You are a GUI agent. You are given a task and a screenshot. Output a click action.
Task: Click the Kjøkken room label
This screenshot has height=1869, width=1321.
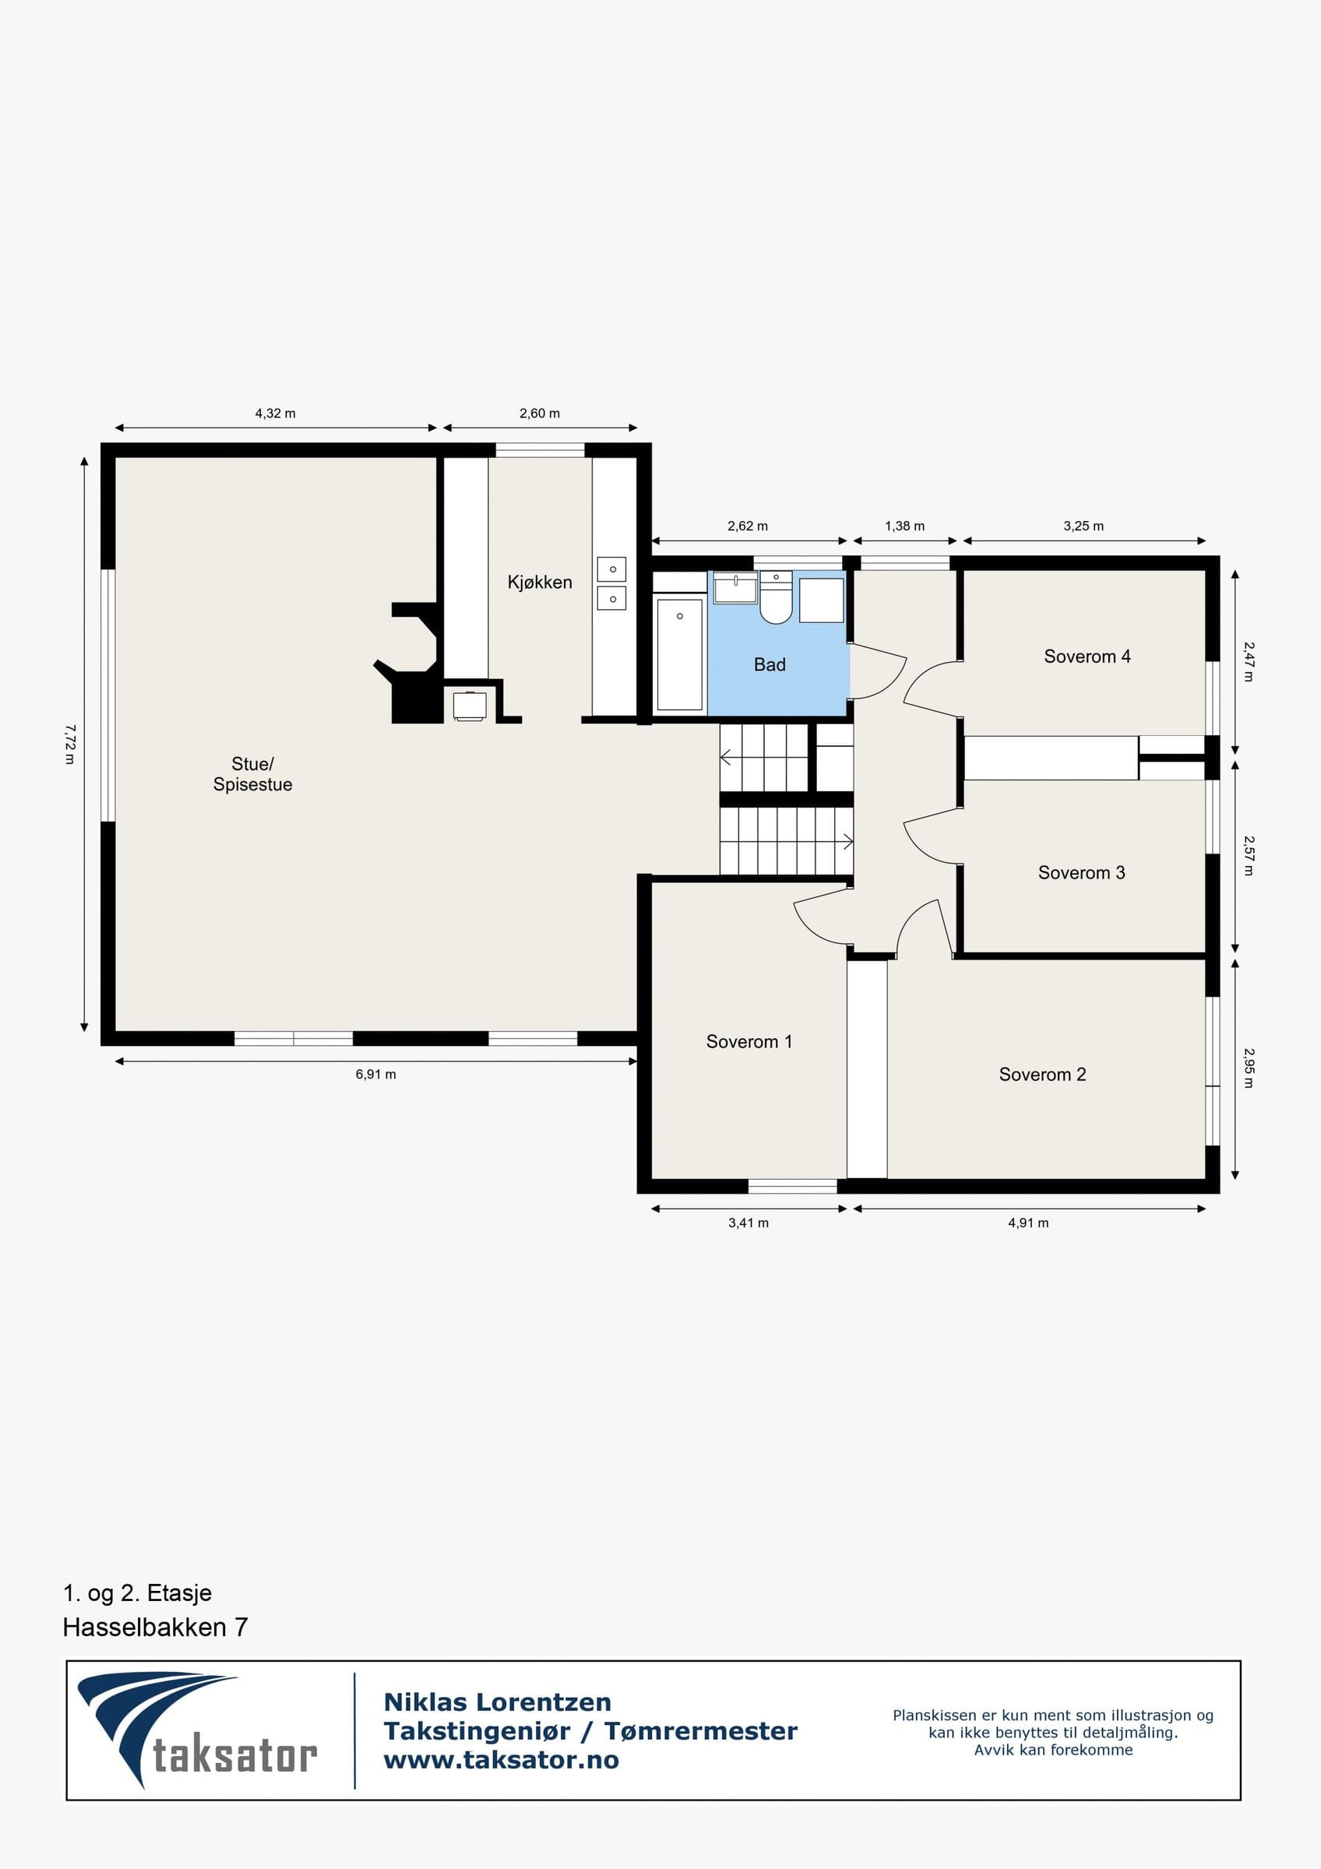[x=540, y=582]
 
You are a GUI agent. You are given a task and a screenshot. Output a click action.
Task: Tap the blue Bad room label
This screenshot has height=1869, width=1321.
[x=770, y=664]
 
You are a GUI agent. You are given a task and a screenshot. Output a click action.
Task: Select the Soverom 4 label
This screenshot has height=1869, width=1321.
[x=1087, y=656]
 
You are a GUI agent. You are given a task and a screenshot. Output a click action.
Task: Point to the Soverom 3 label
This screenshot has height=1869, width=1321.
[x=1082, y=873]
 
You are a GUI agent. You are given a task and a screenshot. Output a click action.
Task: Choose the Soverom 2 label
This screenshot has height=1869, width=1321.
[x=1043, y=1075]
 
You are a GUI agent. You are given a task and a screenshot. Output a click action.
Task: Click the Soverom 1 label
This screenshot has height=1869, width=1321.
[x=749, y=1042]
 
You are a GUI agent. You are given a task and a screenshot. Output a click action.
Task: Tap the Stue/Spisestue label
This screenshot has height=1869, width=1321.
[x=252, y=774]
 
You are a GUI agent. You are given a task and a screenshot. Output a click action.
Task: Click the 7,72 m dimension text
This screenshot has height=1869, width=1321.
[x=70, y=744]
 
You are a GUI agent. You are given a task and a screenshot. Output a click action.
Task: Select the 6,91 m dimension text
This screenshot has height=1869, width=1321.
[x=376, y=1075]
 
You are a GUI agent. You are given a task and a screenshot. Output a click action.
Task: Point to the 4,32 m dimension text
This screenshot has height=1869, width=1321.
[x=275, y=414]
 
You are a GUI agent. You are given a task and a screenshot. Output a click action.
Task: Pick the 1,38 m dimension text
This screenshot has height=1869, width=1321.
[x=905, y=526]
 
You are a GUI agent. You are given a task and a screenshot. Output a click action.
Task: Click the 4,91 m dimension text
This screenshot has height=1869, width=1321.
[x=1028, y=1223]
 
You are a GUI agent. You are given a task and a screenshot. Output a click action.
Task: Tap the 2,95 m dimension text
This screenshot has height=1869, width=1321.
[x=1249, y=1068]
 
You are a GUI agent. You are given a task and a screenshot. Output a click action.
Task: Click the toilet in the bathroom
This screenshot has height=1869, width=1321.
[x=776, y=597]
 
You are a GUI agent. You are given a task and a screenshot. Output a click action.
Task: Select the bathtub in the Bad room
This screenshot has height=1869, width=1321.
[x=680, y=654]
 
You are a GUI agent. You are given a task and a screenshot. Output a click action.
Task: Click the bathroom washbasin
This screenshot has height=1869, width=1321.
[x=736, y=588]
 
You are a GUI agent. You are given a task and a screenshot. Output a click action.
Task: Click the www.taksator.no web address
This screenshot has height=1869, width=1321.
[x=502, y=1760]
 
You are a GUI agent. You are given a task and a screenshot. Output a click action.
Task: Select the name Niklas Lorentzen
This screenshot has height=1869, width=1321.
[x=497, y=1702]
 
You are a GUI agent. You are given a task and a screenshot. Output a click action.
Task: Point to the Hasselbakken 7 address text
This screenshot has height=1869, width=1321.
[x=156, y=1628]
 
